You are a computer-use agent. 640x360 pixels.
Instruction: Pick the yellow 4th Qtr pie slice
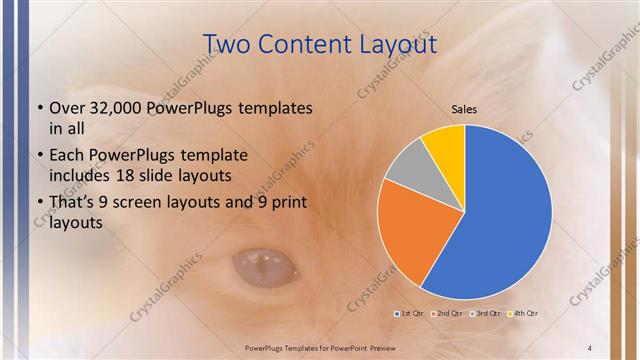444,145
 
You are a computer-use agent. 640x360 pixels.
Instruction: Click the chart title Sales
464,108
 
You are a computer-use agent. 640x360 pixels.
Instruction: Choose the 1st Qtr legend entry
409,313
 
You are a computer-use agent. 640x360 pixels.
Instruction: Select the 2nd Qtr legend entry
447,313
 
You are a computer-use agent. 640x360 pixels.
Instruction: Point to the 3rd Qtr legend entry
485,313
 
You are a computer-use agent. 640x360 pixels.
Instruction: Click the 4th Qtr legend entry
523,313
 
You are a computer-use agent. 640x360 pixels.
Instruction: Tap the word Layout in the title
394,45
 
